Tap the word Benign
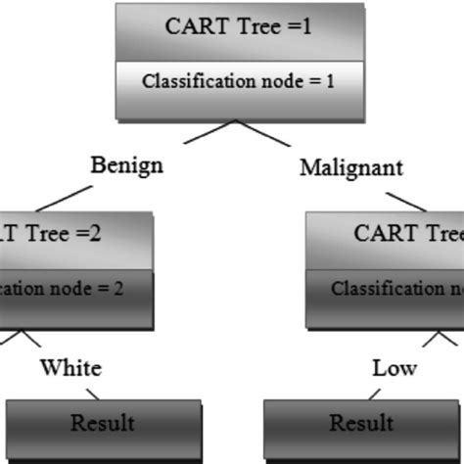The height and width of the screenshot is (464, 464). point(126,163)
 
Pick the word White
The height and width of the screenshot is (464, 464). point(70,368)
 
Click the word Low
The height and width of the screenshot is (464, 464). point(394,368)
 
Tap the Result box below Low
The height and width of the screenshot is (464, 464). point(361,424)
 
